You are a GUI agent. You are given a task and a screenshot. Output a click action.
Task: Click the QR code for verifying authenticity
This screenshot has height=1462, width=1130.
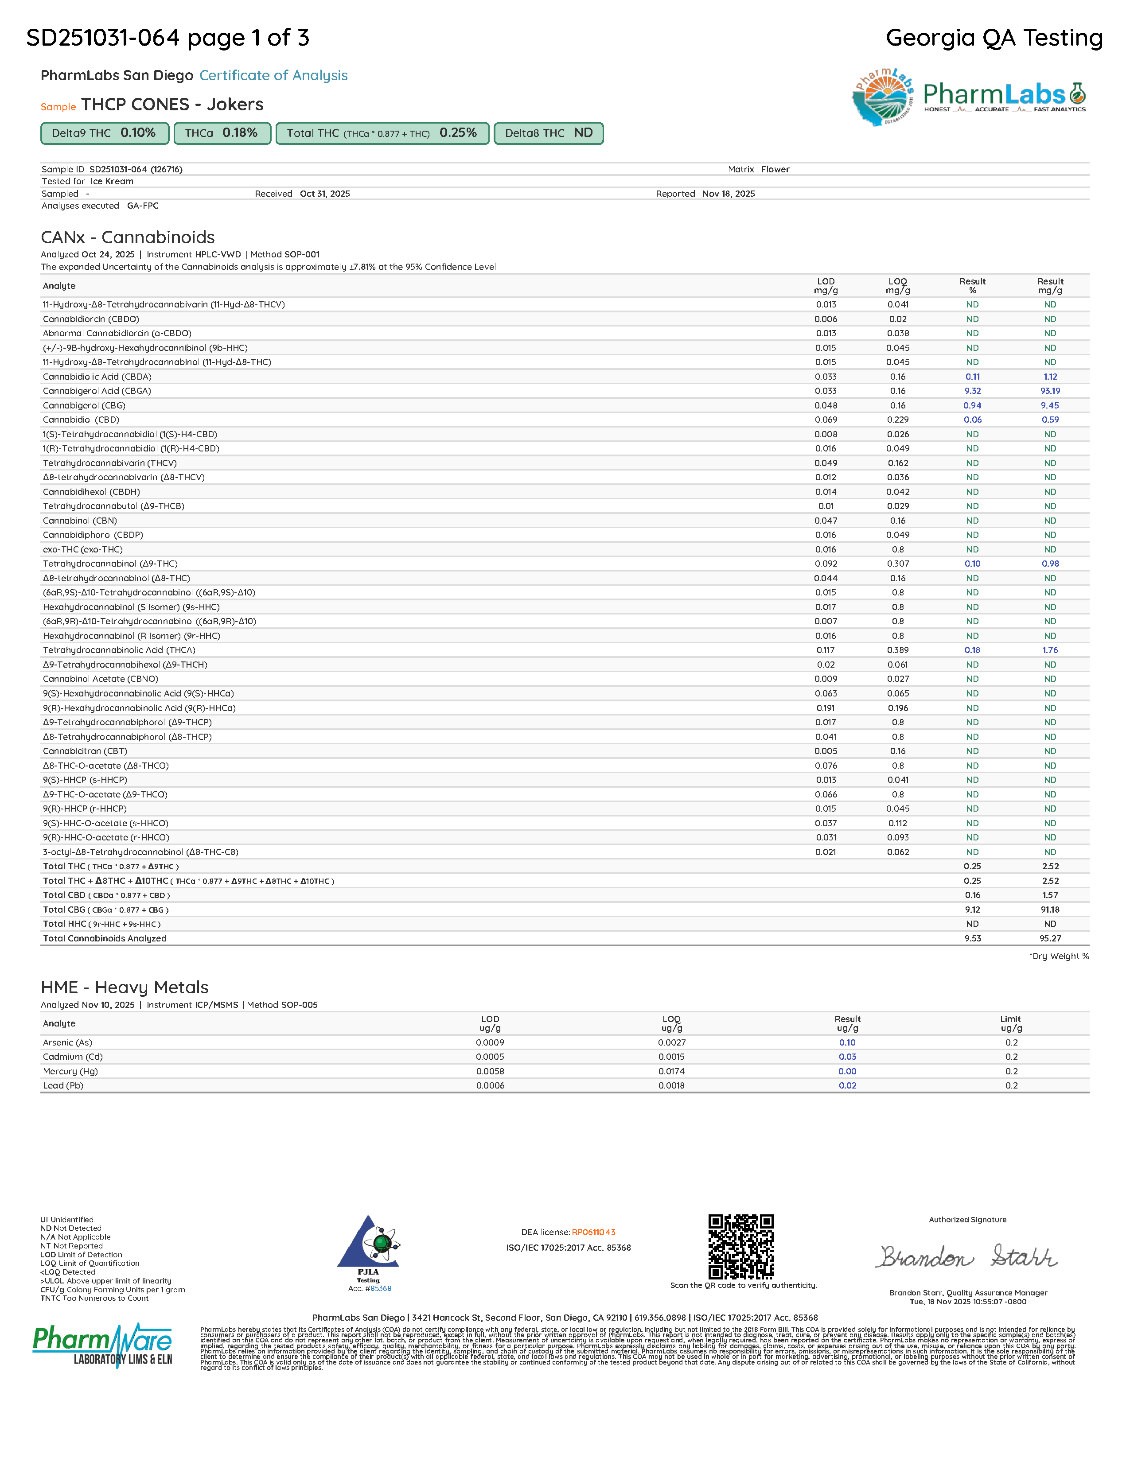[740, 1246]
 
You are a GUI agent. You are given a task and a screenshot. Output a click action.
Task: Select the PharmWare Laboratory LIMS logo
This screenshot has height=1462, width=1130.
[102, 1345]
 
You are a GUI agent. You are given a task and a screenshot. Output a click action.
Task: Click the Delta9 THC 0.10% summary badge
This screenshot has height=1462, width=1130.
[104, 133]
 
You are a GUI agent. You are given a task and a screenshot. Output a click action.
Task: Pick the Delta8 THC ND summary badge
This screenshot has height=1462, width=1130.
[548, 133]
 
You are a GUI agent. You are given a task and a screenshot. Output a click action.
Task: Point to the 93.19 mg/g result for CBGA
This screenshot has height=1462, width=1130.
[1050, 391]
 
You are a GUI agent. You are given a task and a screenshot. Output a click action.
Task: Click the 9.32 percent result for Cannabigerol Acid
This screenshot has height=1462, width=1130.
[972, 391]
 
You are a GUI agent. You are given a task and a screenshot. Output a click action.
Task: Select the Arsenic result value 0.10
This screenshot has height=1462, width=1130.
[847, 1042]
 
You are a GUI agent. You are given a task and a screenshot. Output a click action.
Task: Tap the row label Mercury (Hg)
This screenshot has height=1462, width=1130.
[70, 1071]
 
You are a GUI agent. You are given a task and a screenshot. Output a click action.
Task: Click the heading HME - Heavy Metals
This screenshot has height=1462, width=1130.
[125, 988]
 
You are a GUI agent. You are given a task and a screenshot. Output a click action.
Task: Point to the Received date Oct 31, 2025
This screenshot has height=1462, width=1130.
[325, 194]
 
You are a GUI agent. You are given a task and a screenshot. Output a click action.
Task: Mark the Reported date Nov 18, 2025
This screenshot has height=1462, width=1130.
[729, 194]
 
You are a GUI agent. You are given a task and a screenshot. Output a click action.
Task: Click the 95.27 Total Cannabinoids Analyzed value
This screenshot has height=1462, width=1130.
[1050, 938]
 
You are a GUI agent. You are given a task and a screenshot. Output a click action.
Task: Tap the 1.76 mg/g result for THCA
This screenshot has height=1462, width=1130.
[1050, 650]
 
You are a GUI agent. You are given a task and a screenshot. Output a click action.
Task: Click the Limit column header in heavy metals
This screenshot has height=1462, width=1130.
[1011, 1023]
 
